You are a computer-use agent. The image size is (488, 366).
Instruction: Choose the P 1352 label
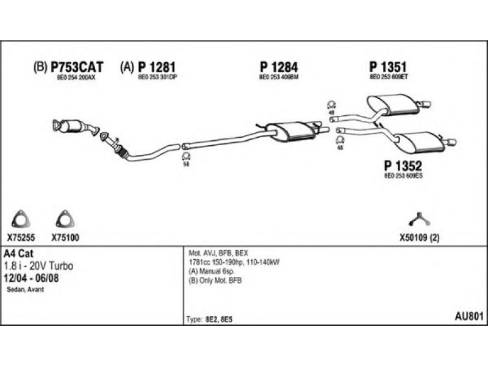point(403,165)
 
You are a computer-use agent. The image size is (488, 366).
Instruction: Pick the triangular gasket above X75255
point(21,220)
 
